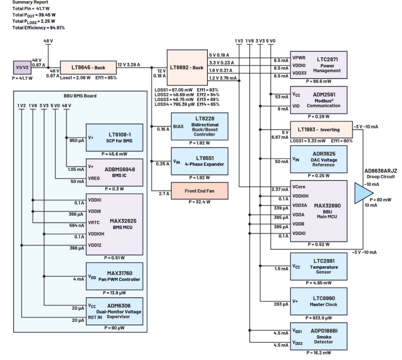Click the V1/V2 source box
[22, 67]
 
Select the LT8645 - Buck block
[88, 67]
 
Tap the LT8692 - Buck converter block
[187, 67]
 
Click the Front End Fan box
[200, 191]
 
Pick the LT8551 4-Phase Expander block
[200, 161]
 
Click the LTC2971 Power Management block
[319, 65]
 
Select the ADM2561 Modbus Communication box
[319, 100]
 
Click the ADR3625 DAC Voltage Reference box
[319, 159]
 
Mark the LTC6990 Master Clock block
[319, 301]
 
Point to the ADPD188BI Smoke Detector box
[319, 336]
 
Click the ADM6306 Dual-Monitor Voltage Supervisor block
[114, 311]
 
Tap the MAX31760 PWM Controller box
[114, 276]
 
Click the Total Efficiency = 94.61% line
[39, 28]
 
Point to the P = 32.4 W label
[200, 202]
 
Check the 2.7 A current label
[163, 193]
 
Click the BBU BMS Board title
[80, 96]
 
